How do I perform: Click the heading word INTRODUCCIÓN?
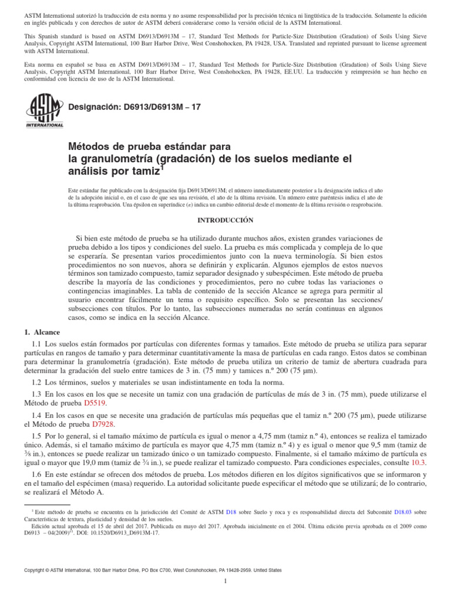pos(225,220)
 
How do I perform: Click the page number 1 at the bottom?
pos(225,582)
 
